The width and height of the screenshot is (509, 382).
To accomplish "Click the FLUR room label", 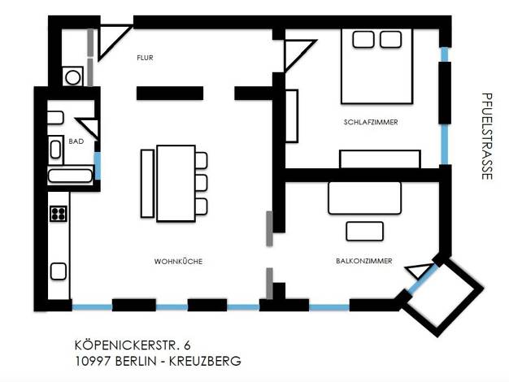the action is [145, 58].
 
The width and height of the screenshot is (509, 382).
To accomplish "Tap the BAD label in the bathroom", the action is [76, 141].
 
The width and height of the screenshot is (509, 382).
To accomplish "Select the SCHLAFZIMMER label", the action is [371, 122].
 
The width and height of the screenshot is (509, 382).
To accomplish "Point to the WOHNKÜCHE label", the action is [178, 261].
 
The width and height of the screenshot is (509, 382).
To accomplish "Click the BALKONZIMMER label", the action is [364, 261].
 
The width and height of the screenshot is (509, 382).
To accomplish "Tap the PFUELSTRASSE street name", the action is [487, 137].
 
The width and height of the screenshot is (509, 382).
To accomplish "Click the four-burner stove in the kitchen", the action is [59, 214].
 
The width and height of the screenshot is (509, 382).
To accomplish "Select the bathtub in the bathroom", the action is [70, 176].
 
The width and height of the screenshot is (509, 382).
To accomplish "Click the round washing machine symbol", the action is [73, 77].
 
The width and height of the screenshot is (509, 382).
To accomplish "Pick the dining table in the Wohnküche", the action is [176, 184].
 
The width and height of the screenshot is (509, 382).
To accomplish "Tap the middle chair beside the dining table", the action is [202, 183].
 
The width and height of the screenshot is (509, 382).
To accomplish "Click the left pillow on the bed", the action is [363, 40].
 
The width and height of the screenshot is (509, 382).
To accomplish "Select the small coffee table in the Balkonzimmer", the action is [364, 231].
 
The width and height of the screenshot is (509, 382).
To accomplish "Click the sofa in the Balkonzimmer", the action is [364, 198].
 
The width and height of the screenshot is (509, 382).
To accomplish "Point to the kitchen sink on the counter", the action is [59, 271].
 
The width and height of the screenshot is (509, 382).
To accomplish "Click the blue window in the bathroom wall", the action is [98, 166].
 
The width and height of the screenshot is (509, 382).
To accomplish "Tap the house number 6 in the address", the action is [187, 345].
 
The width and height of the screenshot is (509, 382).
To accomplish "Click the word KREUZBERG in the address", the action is [205, 361].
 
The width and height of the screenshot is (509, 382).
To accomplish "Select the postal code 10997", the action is [93, 361].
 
